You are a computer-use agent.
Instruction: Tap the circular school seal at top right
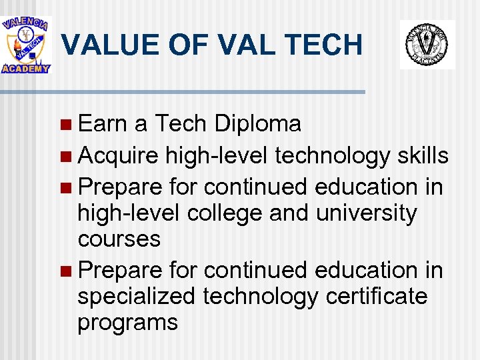427,44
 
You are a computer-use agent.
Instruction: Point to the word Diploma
257,123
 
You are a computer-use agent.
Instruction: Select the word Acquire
118,156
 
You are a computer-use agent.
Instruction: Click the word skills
423,156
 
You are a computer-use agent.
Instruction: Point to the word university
366,214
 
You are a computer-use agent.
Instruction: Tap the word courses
119,239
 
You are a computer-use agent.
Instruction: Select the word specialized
136,296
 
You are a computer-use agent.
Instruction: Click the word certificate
377,296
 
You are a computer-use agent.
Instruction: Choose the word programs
127,322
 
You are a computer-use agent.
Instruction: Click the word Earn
103,123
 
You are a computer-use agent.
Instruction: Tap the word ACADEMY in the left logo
26,68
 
